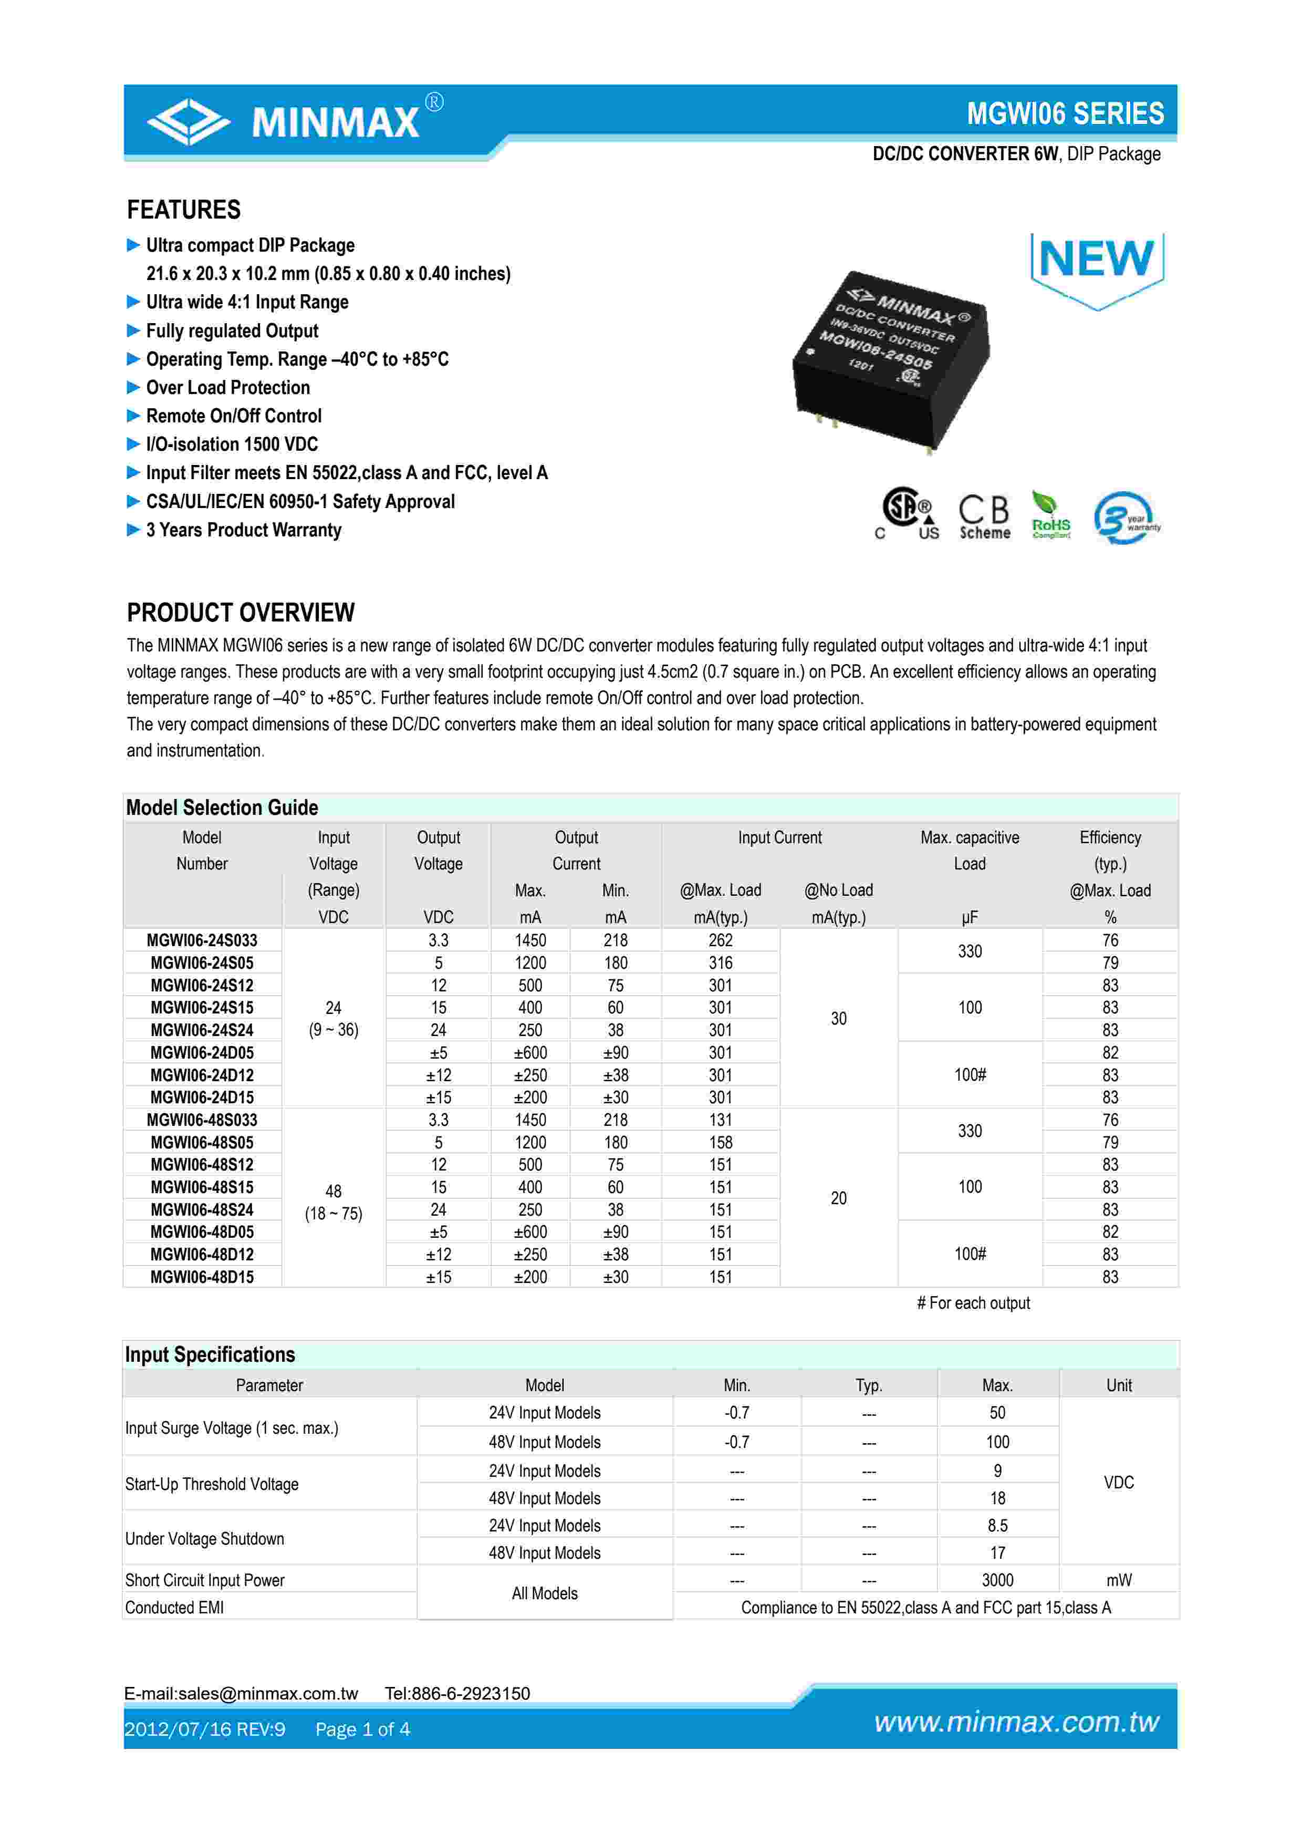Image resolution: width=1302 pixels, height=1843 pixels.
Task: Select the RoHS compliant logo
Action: (1050, 516)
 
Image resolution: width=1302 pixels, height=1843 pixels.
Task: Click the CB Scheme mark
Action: (984, 516)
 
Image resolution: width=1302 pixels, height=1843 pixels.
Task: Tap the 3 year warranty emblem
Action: (1126, 517)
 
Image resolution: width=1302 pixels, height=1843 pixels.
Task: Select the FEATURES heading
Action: (184, 210)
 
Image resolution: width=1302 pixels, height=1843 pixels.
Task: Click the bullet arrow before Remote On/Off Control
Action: (133, 416)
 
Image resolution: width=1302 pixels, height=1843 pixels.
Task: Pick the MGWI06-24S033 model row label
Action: (202, 940)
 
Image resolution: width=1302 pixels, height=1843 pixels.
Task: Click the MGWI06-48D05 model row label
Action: (202, 1231)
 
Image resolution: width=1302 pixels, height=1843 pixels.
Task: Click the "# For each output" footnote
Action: (973, 1303)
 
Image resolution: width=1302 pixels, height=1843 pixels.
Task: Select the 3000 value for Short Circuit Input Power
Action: (997, 1580)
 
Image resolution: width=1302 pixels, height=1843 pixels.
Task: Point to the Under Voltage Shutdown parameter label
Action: (204, 1539)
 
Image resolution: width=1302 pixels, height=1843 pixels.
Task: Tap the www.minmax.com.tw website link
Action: (1016, 1722)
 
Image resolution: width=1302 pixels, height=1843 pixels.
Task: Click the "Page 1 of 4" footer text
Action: (362, 1729)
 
